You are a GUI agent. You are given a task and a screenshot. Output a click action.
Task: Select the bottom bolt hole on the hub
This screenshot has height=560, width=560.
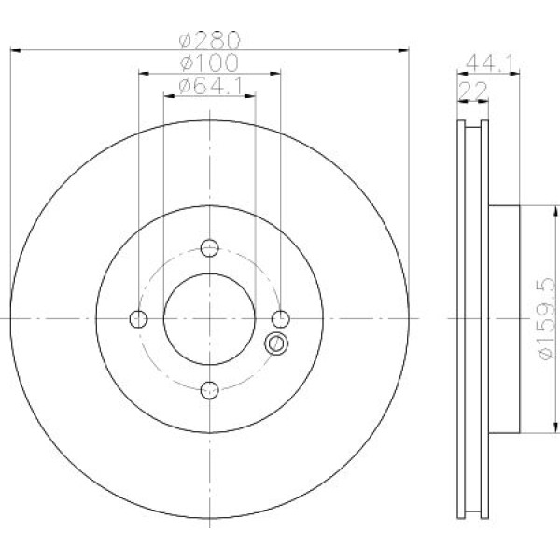pos(209,388)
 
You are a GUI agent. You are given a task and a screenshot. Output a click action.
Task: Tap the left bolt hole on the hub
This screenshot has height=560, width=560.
pos(139,318)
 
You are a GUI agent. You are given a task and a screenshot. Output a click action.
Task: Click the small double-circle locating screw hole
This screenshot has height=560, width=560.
pos(275,343)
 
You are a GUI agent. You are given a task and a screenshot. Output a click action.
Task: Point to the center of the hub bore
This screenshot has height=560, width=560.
pos(209,318)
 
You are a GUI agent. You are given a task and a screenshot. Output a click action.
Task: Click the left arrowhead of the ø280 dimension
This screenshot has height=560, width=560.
pos(13,47)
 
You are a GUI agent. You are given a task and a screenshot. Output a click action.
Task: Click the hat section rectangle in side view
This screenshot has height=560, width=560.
pos(502,318)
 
